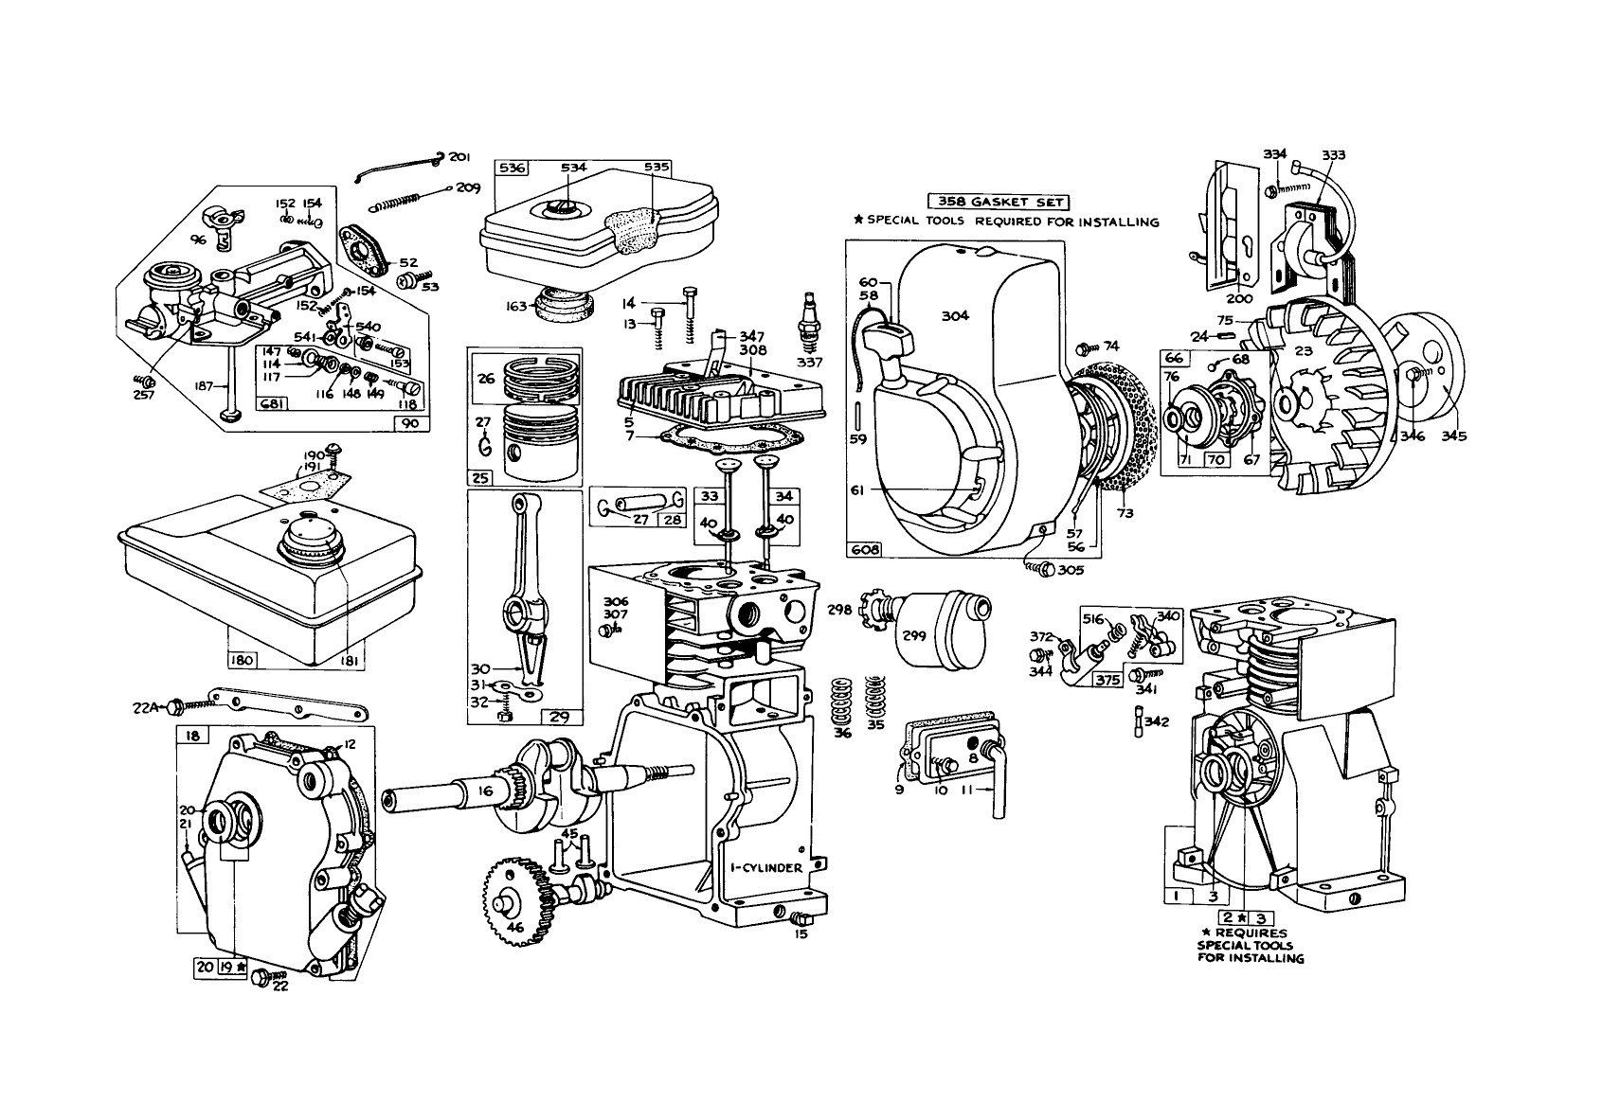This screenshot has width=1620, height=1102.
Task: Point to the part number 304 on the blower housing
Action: [955, 316]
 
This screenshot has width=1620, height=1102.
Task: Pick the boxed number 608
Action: [865, 550]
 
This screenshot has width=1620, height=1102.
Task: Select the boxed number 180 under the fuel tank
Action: [242, 659]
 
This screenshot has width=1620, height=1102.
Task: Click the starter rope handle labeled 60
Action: [895, 333]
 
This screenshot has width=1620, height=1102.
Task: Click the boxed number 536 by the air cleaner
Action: [513, 168]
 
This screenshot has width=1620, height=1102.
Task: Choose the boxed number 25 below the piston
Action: [481, 479]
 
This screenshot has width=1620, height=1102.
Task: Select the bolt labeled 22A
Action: [176, 706]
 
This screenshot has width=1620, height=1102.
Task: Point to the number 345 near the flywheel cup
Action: [1454, 436]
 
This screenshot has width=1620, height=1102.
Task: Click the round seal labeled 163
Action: [566, 305]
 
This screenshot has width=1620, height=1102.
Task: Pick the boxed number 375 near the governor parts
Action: [1107, 679]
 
